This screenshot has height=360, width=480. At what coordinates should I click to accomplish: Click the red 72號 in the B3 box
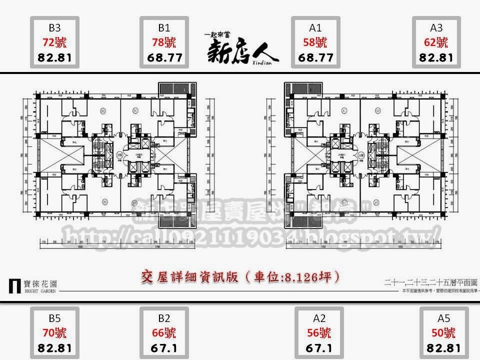coord(54,42)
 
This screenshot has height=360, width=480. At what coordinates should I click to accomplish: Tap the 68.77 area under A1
coord(315,57)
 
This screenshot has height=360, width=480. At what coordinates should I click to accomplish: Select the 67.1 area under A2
coord(315,347)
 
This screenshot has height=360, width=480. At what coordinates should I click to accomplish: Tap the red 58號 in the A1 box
coord(315,42)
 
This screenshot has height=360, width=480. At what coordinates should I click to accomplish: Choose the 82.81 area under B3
coord(54,57)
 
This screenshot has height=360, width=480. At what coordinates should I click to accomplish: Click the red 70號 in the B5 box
coord(54,332)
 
